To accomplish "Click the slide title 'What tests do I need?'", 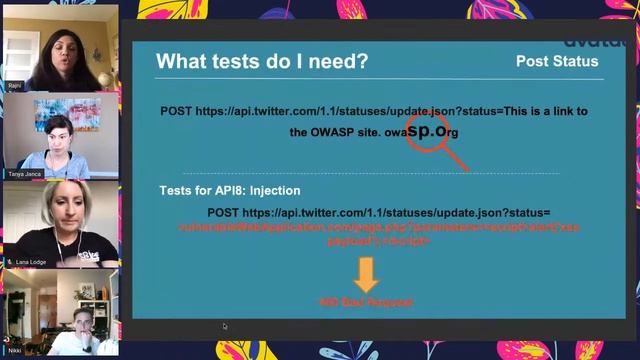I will pos(262,62).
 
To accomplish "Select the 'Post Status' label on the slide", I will pos(557,61).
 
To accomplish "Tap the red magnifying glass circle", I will pos(427,130).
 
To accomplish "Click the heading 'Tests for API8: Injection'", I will pos(230,190).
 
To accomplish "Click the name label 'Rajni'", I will pos(14,86).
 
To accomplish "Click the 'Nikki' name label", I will pos(14,351).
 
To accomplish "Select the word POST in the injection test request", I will pos(224,213).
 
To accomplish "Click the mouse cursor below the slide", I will pos(224,326).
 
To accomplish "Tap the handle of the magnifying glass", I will pos(456,158).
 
